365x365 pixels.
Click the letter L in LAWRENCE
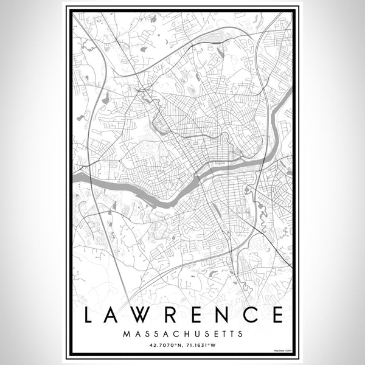pyautogui.click(x=89, y=315)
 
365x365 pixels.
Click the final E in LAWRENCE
pyautogui.click(x=276, y=315)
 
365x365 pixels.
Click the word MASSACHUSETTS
pyautogui.click(x=182, y=334)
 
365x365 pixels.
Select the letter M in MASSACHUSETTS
pyautogui.click(x=125, y=334)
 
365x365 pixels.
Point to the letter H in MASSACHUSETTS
pyautogui.click(x=185, y=334)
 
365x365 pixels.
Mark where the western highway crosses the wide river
pyautogui.click(x=90, y=178)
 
